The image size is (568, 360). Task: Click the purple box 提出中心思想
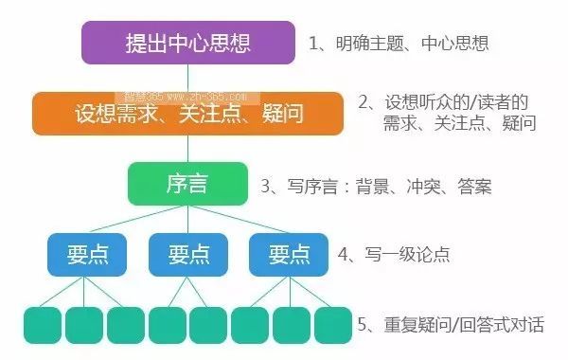tap(188, 43)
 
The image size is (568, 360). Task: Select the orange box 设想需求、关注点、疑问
tap(187, 114)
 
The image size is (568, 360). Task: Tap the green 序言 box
tap(187, 184)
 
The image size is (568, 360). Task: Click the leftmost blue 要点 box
tap(87, 255)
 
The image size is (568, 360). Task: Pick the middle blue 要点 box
tap(188, 255)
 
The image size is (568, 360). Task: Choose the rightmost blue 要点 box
tap(289, 255)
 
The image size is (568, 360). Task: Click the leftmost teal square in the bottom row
tap(43, 325)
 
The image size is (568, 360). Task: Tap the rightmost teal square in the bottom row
tap(333, 325)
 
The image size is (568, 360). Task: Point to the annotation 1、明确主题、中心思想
tap(399, 44)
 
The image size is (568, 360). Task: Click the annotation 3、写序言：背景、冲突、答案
tap(376, 187)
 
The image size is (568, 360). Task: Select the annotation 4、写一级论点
tap(394, 254)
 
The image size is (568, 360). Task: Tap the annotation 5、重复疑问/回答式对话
tap(451, 324)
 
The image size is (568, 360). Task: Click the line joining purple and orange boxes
tap(187, 79)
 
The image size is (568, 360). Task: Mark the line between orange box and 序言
tap(187, 149)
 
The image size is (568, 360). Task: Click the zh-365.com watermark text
tap(186, 98)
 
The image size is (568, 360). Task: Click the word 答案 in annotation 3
tap(474, 187)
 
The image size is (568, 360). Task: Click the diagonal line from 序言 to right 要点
tap(240, 219)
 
